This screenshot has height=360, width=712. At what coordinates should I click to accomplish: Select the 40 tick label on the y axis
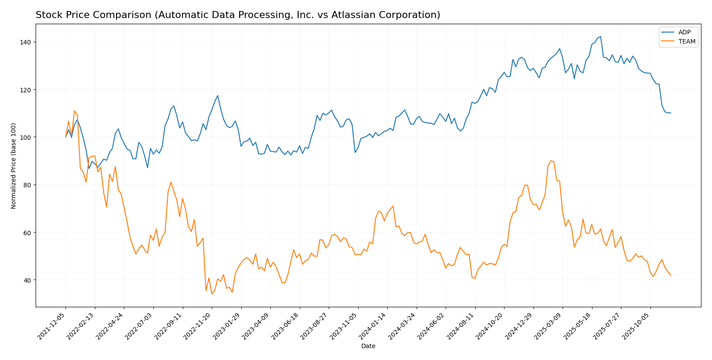(27, 280)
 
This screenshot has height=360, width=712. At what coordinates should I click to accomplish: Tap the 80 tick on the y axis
(27, 185)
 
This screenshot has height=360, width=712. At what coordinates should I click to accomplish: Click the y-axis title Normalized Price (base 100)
(14, 166)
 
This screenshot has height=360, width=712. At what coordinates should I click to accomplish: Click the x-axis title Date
(368, 346)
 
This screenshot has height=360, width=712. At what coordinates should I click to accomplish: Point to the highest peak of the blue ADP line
(601, 37)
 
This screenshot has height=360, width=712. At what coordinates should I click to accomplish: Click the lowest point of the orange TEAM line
(212, 294)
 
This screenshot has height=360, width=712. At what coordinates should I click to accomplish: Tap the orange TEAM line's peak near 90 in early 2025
(551, 161)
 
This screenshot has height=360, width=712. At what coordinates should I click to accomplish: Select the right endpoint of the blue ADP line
(671, 113)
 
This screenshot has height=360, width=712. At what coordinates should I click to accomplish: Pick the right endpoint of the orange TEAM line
(671, 276)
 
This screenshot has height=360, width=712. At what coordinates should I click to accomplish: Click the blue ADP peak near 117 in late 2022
(218, 95)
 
